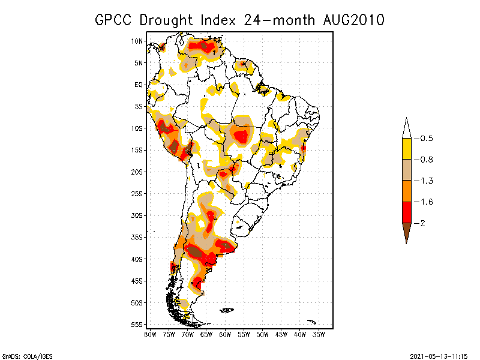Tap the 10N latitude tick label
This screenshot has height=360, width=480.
pos(137,41)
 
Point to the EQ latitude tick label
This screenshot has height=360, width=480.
pos(139,85)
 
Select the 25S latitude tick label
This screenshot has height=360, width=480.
pos(137,193)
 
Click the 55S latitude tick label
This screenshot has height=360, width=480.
pos(137,324)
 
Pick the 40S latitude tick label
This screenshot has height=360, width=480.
pos(137,259)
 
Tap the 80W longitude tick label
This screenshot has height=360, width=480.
pos(150,334)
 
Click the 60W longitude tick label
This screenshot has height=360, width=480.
pos(225,334)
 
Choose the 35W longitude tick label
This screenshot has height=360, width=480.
pos(319,334)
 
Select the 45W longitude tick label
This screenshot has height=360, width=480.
pos(281,334)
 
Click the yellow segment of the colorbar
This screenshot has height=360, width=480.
pos(406,149)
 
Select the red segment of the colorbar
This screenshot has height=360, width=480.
pos(406,212)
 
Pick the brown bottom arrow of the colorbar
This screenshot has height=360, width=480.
pos(406,232)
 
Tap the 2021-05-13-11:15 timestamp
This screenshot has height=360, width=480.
pos(439,355)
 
